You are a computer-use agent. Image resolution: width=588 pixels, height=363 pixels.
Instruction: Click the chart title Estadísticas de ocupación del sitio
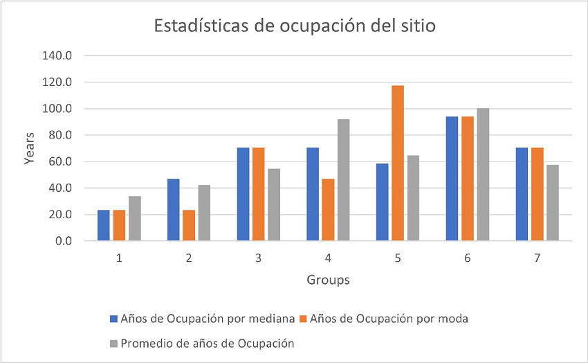pos(294,27)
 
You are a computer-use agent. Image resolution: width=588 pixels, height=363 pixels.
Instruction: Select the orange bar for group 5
pos(398,163)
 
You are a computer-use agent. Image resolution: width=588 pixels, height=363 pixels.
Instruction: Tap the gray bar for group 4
pos(343,180)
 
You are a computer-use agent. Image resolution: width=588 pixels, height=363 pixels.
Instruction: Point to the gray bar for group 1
pos(135,218)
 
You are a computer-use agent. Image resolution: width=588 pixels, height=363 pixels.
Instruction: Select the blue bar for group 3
pos(243,194)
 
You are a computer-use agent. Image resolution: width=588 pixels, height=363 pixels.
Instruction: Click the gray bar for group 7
pos(552,203)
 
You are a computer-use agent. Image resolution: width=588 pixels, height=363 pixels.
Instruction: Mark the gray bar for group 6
pos(482,175)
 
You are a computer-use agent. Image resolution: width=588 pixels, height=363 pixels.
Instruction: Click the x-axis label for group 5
pos(398,258)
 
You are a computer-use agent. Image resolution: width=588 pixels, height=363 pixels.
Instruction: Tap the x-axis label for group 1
pos(119,258)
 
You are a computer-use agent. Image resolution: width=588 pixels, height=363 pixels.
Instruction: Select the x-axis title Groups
pos(328,281)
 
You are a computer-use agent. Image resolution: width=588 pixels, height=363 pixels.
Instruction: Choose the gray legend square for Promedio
pos(114,343)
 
